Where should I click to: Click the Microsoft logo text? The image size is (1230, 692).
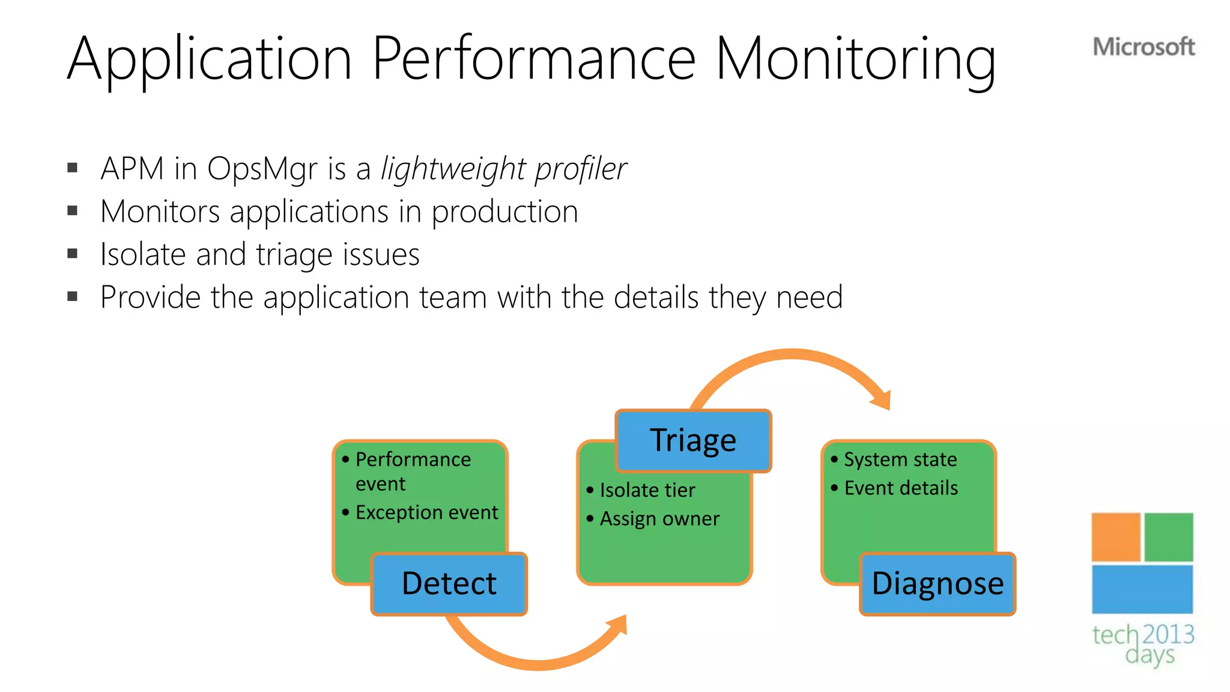click(1143, 47)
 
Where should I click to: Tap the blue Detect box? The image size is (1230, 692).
click(449, 584)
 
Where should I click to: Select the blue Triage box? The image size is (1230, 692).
click(693, 440)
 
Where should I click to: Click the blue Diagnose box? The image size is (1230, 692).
click(938, 584)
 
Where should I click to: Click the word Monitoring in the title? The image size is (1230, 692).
click(855, 59)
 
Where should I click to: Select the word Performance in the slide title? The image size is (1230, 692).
click(534, 59)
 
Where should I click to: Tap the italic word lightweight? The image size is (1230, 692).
click(454, 169)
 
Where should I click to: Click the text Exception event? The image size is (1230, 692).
click(426, 512)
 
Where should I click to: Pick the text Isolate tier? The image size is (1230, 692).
click(647, 490)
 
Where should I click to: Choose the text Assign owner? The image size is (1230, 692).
click(659, 518)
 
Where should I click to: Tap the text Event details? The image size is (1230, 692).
click(900, 488)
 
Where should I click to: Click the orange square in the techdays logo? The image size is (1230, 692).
click(1115, 536)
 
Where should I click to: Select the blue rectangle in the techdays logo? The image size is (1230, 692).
click(1142, 589)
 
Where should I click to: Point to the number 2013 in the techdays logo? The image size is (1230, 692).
click(1168, 634)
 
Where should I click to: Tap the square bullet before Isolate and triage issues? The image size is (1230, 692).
click(73, 253)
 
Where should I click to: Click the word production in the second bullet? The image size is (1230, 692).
click(504, 211)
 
